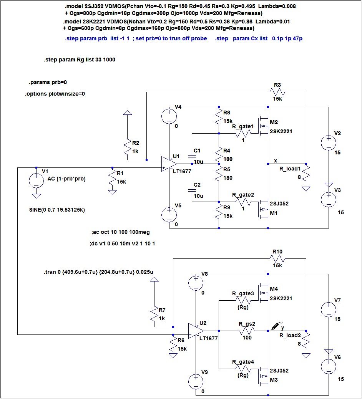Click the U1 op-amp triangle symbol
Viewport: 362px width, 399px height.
[169, 164]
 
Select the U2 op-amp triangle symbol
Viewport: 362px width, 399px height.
[196, 331]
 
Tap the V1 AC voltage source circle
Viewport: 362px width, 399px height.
[36, 180]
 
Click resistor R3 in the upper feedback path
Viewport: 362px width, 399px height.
[277, 92]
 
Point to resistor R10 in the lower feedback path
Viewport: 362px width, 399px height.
[277, 259]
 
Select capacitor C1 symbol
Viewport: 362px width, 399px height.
[192, 156]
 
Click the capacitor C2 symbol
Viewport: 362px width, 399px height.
[192, 190]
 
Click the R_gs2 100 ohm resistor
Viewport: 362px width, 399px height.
[247, 331]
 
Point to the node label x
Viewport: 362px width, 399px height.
[276, 161]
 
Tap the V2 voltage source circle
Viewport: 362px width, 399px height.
[329, 142]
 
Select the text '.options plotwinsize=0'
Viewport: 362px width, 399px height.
[55, 94]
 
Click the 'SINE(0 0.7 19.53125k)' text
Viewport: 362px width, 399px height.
[57, 210]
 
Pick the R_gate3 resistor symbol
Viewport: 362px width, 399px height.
[243, 301]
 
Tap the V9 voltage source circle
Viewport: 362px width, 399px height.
[196, 381]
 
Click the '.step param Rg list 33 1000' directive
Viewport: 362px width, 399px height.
[80, 60]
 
